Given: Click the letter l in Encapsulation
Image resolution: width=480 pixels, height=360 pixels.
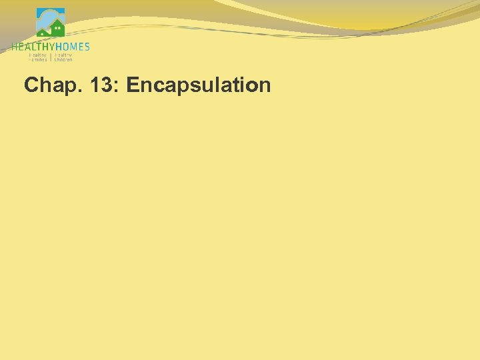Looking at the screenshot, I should click(213, 85).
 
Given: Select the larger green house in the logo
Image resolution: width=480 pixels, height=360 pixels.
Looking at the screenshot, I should click(57, 29).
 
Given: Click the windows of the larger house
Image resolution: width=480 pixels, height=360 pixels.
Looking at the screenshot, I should click(58, 28).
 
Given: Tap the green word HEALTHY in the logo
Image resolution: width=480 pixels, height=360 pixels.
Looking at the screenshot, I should click(33, 47).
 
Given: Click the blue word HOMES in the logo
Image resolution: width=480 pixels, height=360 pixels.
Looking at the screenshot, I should click(72, 47).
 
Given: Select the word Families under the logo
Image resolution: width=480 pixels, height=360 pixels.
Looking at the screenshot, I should click(38, 59).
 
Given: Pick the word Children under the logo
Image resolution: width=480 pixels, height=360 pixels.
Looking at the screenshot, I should click(63, 59).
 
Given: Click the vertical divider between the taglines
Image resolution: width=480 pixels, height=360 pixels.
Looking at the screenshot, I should click(51, 57).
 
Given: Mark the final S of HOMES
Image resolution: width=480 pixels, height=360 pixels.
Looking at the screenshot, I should click(87, 47).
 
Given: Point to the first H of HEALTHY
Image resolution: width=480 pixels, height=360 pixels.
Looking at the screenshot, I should click(14, 47).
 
